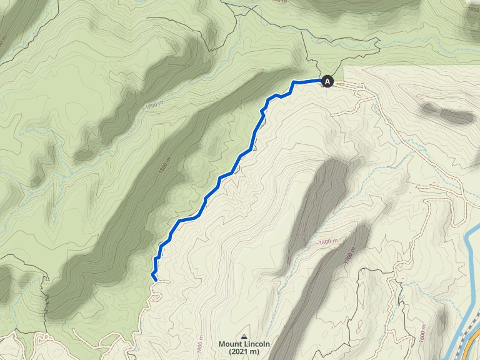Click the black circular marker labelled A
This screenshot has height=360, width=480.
coord(327,81)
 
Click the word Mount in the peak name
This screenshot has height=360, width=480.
coord(231,344)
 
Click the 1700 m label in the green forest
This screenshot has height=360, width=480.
coord(152,105)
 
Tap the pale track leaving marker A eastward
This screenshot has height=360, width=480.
coord(356,91)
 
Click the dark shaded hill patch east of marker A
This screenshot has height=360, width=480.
coord(447,114)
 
